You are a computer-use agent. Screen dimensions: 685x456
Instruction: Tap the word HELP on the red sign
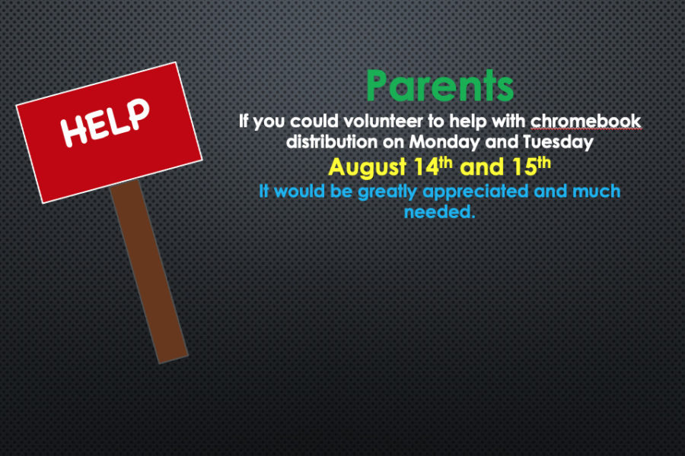[x=105, y=122]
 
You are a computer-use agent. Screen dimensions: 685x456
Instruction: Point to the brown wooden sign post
[x=149, y=271]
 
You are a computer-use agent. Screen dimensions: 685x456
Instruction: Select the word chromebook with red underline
[x=586, y=122]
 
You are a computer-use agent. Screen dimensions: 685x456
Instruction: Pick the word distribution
[x=332, y=142]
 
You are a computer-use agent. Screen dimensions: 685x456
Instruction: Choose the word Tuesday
[x=559, y=143]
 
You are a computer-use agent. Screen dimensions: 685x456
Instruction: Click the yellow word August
[x=368, y=167]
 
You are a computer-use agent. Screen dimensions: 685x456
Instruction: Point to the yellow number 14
[x=426, y=166]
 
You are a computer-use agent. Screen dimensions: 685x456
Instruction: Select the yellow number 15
[x=524, y=166]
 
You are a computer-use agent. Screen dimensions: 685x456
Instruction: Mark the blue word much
[x=596, y=191]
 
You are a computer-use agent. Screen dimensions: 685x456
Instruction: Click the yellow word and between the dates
[x=482, y=167]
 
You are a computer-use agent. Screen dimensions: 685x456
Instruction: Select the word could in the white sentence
[x=314, y=122]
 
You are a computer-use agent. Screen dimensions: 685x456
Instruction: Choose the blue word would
[x=300, y=191]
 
